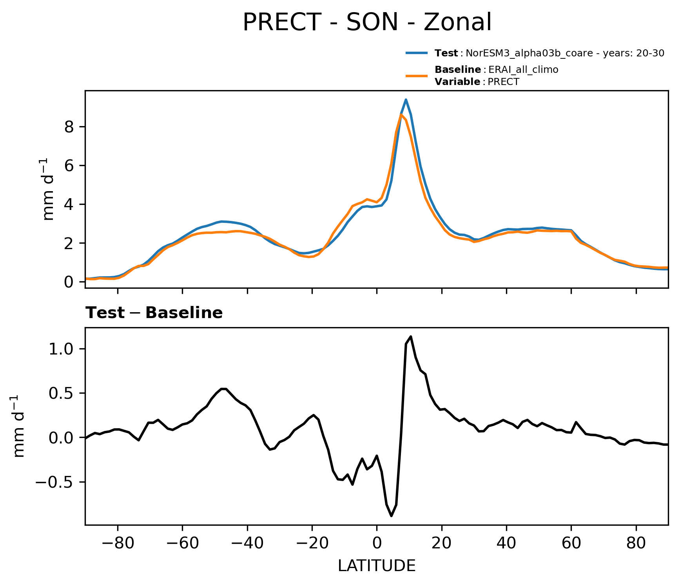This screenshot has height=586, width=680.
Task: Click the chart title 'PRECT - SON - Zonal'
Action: click(x=367, y=22)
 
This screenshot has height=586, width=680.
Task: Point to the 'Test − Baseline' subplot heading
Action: click(x=154, y=313)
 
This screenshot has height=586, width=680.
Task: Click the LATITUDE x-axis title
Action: click(x=376, y=566)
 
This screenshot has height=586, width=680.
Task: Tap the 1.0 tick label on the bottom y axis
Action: click(x=61, y=349)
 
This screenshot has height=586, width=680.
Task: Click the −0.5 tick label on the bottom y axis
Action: click(x=55, y=482)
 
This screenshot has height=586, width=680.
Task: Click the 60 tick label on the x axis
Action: click(x=571, y=544)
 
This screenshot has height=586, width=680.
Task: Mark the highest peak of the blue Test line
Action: click(x=406, y=99)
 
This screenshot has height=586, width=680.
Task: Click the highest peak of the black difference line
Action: click(x=411, y=336)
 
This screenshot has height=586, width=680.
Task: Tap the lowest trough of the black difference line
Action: click(x=391, y=516)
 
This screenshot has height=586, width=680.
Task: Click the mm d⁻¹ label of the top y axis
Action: click(x=48, y=189)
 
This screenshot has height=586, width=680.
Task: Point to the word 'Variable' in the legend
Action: click(x=457, y=82)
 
